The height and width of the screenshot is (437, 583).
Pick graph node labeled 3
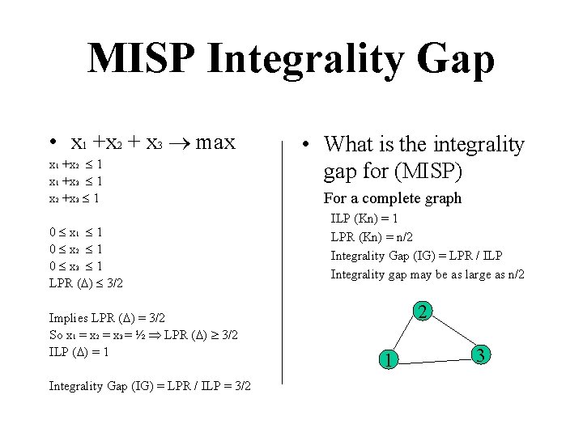coord(481,354)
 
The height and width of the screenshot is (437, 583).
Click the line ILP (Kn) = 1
coord(364,218)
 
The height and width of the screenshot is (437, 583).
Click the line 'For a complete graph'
coord(392,198)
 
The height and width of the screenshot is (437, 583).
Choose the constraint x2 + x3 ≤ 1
coord(75,197)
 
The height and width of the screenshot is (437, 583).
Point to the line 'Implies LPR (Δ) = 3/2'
coord(107,318)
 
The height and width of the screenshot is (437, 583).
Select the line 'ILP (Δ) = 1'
coord(79,352)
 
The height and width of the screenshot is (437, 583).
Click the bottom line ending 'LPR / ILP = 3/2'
coord(150,386)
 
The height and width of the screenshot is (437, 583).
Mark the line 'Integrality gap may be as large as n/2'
coord(427,274)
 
